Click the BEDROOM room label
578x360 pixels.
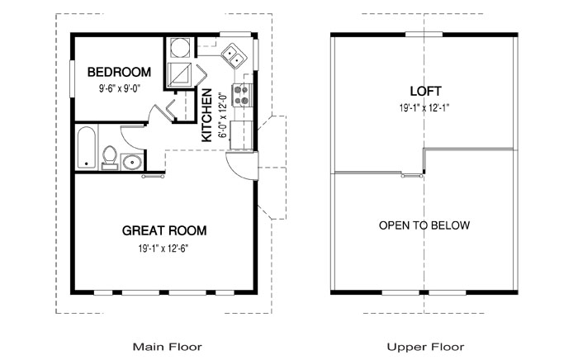click(119, 72)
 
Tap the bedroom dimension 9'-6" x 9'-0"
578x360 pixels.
click(121, 88)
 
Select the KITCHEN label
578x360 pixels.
click(206, 115)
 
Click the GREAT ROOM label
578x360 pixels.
click(164, 230)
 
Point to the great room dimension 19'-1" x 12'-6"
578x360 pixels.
click(163, 249)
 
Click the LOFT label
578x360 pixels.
click(426, 91)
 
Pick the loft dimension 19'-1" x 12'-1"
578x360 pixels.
click(424, 108)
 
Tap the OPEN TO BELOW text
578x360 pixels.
click(424, 225)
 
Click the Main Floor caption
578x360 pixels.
click(168, 347)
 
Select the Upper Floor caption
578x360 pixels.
click(425, 347)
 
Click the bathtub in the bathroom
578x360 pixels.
click(87, 148)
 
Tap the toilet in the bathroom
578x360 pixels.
click(110, 158)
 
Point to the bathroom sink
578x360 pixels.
click(131, 162)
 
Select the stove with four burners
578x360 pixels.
click(242, 95)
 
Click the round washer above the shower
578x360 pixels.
click(180, 48)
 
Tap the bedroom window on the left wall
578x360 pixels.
click(73, 79)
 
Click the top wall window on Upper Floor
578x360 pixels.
click(424, 35)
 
